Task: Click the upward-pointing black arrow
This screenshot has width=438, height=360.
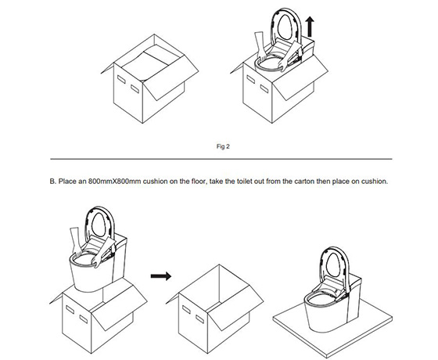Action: click(x=310, y=27)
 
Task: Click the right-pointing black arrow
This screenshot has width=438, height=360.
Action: click(x=161, y=276)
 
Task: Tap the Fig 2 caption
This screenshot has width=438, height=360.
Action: click(x=223, y=146)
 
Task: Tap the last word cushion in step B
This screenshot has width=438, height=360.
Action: click(x=375, y=182)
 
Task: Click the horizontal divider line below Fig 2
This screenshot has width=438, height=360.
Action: click(x=221, y=159)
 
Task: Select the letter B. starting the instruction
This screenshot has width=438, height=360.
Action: click(x=53, y=182)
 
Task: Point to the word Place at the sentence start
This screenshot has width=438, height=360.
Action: click(x=67, y=182)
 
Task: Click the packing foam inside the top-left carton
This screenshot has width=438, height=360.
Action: click(x=151, y=63)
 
